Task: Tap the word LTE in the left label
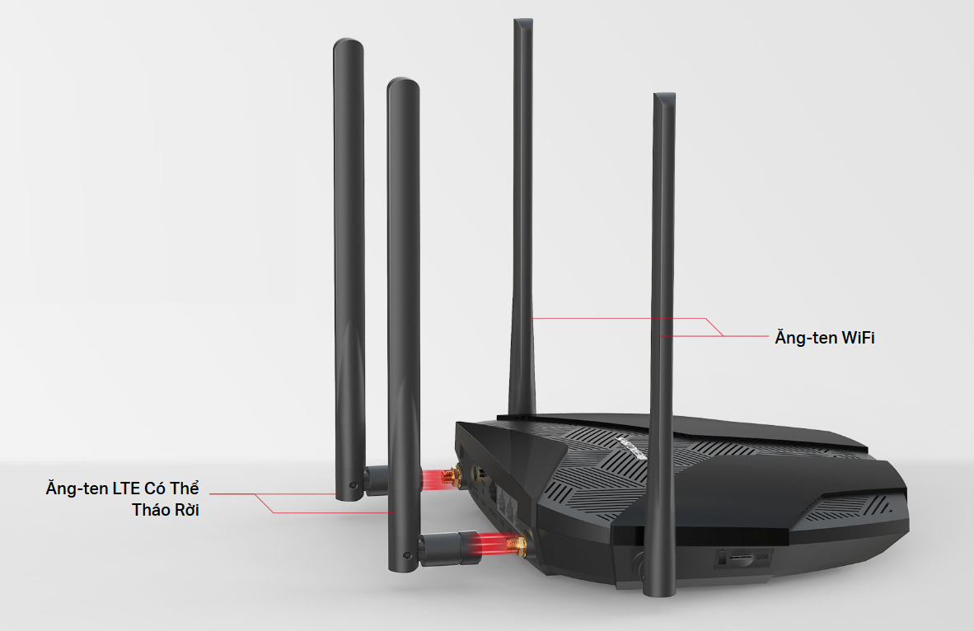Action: coord(127,488)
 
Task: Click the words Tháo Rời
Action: coord(166,510)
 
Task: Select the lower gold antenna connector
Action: coord(517,544)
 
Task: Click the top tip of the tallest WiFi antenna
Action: coord(522,23)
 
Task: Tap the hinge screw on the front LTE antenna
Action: coord(408,557)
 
